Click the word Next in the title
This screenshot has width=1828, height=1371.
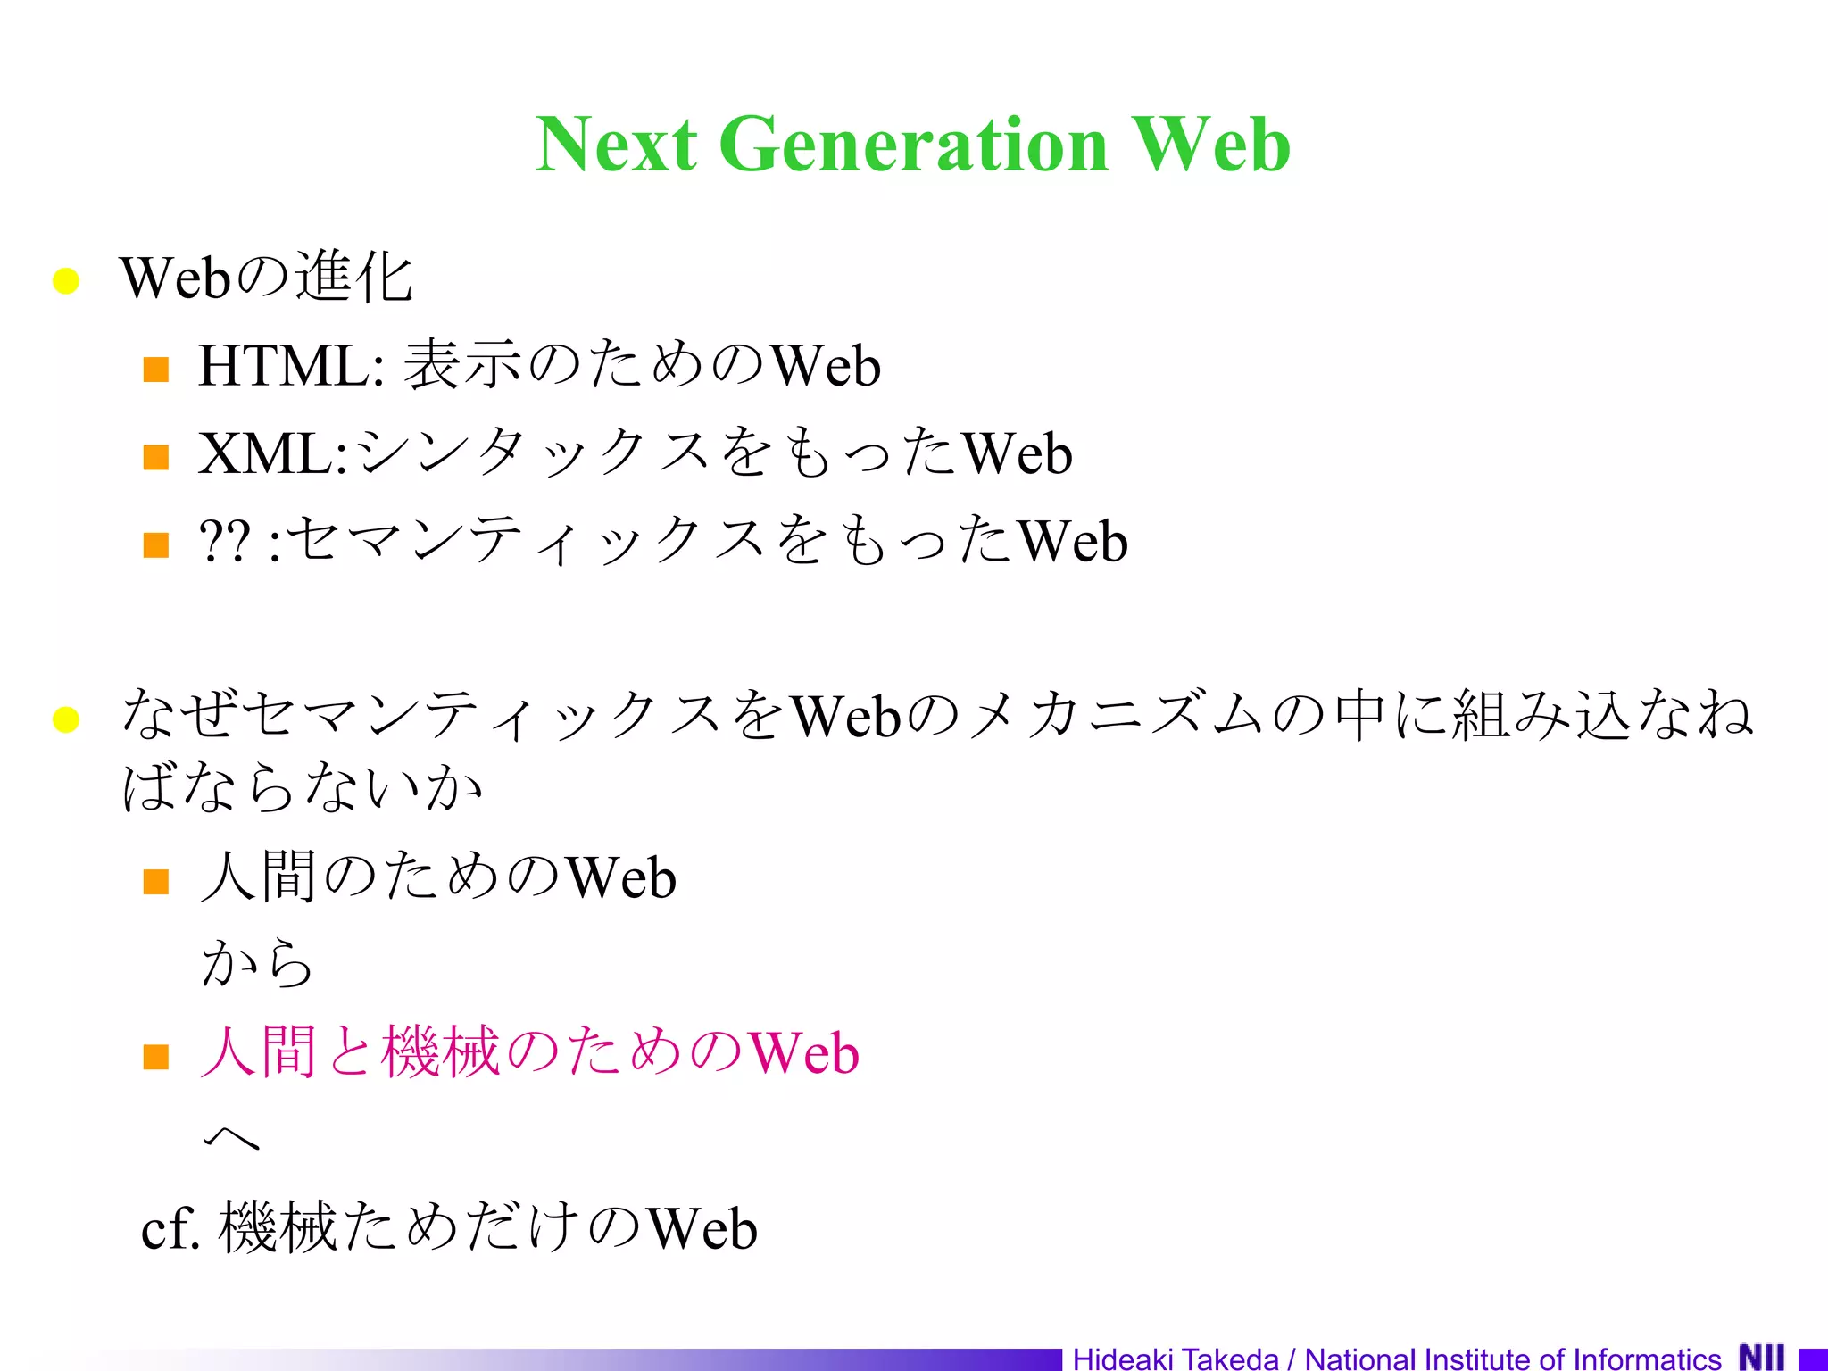click(616, 145)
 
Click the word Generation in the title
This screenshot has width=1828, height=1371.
click(913, 145)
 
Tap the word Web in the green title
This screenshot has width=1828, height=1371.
click(1210, 145)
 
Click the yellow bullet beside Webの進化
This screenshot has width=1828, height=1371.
click(66, 280)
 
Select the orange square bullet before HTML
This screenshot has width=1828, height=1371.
click(156, 369)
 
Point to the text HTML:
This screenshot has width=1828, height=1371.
click(291, 366)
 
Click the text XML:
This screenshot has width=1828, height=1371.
click(273, 453)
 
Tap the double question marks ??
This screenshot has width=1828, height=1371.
click(224, 541)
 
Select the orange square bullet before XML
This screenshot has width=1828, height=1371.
click(156, 457)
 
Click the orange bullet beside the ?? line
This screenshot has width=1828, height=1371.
click(156, 544)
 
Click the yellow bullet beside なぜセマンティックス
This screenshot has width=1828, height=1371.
click(66, 719)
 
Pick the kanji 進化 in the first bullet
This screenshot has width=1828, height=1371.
click(353, 277)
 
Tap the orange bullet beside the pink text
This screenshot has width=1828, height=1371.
click(156, 1057)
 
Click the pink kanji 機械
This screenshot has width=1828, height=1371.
click(440, 1051)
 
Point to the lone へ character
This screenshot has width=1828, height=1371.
click(231, 1137)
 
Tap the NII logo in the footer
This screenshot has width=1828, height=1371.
click(1762, 1358)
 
